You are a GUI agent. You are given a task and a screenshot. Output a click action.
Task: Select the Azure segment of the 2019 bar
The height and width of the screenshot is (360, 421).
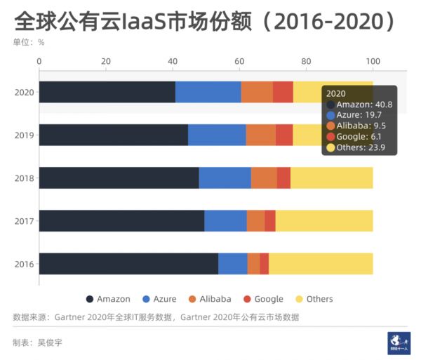point(217,135)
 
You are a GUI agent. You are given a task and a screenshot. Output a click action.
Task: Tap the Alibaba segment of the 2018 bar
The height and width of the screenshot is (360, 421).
point(264,178)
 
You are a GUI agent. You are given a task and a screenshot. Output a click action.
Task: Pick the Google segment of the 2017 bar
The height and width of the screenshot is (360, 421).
point(270,220)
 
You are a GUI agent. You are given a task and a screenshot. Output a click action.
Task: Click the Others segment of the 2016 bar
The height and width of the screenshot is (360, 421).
point(321,263)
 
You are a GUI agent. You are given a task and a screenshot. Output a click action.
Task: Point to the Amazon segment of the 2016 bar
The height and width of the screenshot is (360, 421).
point(128,263)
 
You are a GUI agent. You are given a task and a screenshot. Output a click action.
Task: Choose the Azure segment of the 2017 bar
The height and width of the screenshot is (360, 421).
point(225,220)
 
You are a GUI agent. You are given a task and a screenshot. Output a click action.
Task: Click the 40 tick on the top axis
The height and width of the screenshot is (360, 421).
point(173,62)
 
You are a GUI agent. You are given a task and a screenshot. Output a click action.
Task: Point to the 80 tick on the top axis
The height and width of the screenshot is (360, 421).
point(306,62)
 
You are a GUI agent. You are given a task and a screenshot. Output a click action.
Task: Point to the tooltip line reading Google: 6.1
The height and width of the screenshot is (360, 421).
point(356,137)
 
